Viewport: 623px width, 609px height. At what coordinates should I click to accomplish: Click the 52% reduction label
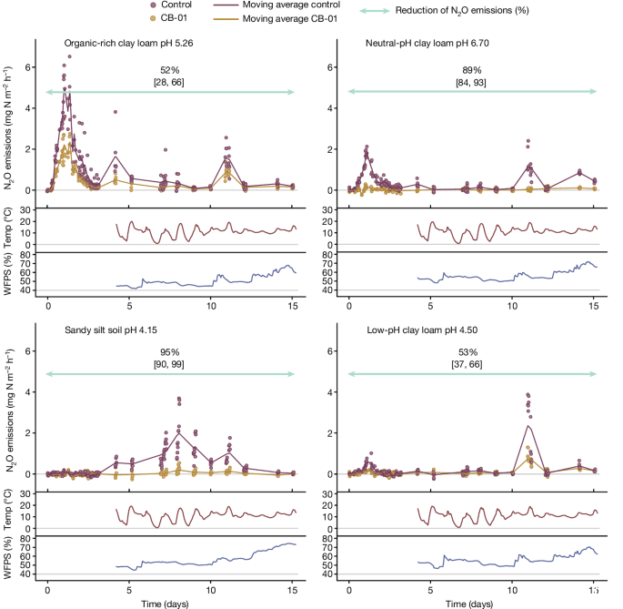coord(170,71)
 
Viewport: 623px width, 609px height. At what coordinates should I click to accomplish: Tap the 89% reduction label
coord(471,71)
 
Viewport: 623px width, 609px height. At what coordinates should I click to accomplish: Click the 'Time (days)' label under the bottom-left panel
coord(170,604)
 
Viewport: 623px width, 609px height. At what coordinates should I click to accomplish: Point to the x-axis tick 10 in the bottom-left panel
coord(211,587)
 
